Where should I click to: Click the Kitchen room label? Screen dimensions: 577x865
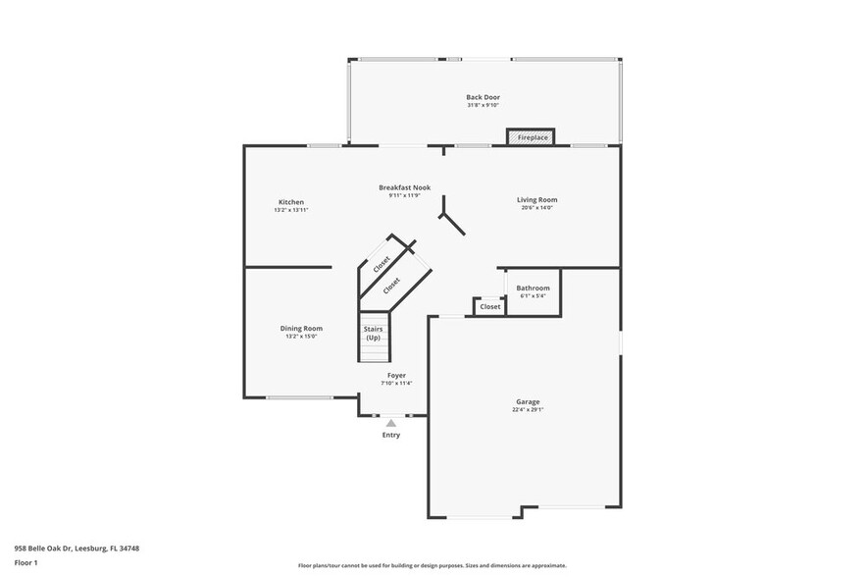[x=291, y=202]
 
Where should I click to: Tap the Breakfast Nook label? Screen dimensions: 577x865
[x=404, y=187]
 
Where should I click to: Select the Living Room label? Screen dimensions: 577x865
[x=536, y=199]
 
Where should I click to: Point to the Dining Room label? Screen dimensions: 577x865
[x=301, y=328]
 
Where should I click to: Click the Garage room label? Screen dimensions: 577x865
[x=528, y=401]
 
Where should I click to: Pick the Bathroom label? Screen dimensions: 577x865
[x=533, y=288]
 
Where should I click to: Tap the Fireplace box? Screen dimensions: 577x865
[x=532, y=138]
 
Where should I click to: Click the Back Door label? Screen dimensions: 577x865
[x=483, y=97]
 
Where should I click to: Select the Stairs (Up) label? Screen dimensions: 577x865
[x=373, y=333]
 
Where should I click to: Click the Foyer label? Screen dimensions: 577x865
[x=396, y=375]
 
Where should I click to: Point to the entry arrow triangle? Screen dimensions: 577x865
[x=390, y=423]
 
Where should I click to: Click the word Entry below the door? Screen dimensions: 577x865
[x=390, y=435]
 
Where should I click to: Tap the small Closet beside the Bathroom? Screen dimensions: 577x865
[x=489, y=306]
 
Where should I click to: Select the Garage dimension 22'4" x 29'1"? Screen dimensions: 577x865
[x=528, y=410]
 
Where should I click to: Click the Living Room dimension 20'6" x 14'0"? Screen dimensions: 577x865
[x=536, y=207]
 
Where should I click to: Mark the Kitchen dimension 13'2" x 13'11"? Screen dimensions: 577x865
[x=291, y=210]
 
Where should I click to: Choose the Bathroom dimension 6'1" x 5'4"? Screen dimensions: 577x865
[x=533, y=295]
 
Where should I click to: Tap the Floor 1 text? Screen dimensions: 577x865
[x=25, y=562]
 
